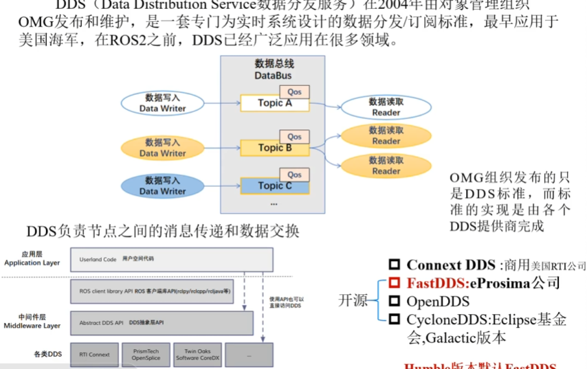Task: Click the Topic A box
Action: pos(274,103)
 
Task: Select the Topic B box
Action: pos(274,148)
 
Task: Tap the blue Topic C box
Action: pos(274,186)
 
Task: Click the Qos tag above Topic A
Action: pos(294,92)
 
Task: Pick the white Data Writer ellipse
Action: pos(163,103)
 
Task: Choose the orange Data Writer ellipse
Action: pos(163,148)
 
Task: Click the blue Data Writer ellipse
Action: pos(163,186)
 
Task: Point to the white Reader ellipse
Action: pos(386,107)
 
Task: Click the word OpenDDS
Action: pos(438,301)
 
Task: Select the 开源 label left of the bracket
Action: pos(353,300)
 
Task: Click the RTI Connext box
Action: pos(94,355)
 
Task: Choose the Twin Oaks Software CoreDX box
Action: pos(197,355)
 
